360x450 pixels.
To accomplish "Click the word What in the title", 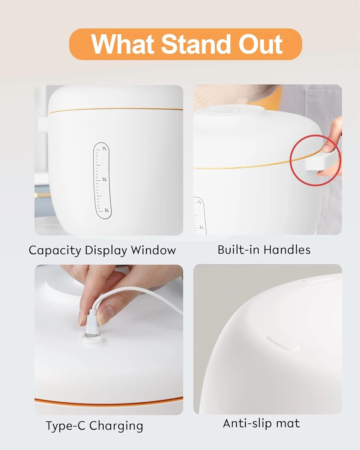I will pos(123,44).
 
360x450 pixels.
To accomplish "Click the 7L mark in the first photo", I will pos(104,149).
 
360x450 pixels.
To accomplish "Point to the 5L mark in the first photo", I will pos(104,179).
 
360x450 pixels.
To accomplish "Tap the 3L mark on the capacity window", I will pos(106,210).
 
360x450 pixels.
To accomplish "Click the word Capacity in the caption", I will pos(55,250).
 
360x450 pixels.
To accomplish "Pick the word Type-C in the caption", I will pos(66,426).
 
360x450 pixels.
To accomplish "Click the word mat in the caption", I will pos(288,423).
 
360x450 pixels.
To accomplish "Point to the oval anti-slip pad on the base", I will pos(283,343).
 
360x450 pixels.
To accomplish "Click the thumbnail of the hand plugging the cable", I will pos(109,340).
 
